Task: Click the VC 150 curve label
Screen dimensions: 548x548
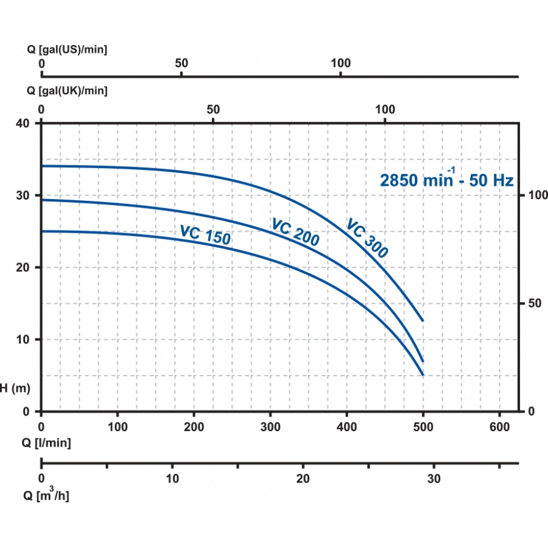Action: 205,234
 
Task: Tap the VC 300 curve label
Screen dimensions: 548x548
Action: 367,238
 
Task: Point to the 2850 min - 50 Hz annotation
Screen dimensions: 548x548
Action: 447,180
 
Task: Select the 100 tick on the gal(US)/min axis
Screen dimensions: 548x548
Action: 340,63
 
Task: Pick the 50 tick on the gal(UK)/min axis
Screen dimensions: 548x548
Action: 213,109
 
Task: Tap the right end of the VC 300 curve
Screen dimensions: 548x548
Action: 423,320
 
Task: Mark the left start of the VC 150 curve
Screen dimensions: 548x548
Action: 42,231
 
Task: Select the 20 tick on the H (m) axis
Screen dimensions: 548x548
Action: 24,267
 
